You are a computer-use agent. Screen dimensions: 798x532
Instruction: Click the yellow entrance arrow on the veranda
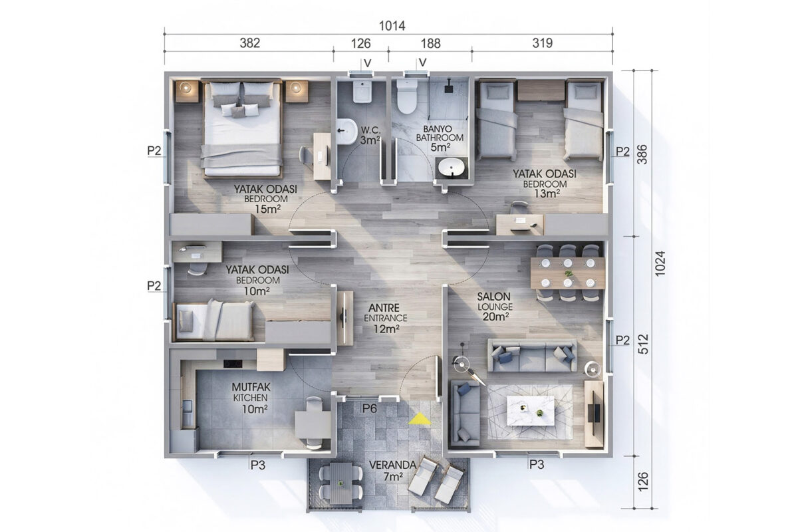click(x=420, y=419)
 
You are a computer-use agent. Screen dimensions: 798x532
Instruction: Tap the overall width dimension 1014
click(x=392, y=26)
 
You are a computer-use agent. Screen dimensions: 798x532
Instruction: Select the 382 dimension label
click(x=250, y=43)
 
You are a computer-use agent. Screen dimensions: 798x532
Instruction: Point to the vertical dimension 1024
click(x=660, y=263)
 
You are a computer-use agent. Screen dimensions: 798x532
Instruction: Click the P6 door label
click(x=370, y=408)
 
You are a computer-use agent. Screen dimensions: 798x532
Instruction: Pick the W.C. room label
click(x=370, y=130)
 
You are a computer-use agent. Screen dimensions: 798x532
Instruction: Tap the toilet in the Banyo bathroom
click(x=407, y=96)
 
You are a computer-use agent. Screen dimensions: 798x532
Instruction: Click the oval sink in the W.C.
click(x=346, y=132)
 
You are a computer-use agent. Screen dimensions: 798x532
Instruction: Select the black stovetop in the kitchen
click(x=233, y=364)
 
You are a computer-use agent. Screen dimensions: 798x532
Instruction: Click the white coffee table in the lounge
click(x=531, y=410)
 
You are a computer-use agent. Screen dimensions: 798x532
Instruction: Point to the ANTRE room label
click(x=384, y=307)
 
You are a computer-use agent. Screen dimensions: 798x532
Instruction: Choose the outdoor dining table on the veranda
click(x=341, y=483)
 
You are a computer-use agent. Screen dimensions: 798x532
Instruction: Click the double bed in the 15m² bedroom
click(x=242, y=128)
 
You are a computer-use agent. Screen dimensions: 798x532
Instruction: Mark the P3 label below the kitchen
click(x=258, y=465)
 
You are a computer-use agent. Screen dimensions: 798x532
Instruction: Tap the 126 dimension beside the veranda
click(x=642, y=481)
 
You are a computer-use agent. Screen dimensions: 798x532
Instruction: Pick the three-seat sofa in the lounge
click(x=532, y=356)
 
